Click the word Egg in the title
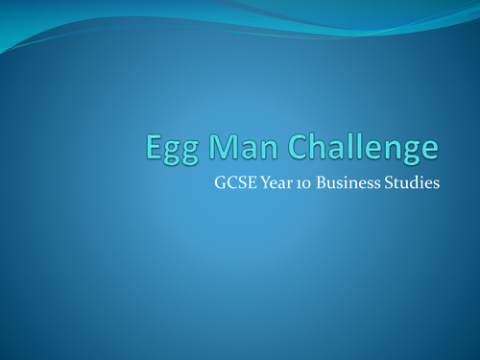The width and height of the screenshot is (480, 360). [169, 149]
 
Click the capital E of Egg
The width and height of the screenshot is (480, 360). [153, 147]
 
